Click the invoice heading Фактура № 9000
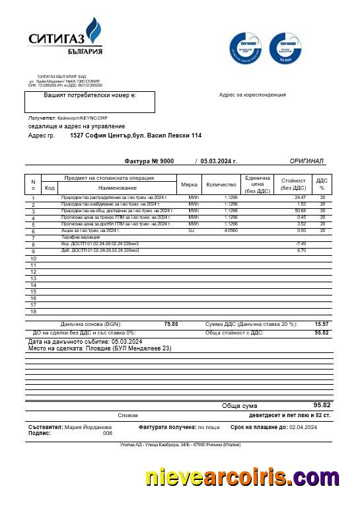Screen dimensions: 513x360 [x=149, y=161]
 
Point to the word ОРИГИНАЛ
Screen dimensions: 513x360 [x=306, y=161]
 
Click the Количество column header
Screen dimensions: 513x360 [x=221, y=184]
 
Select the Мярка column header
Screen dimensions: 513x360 [x=189, y=184]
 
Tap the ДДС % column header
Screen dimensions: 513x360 [x=322, y=184]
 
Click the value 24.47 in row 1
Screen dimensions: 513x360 [x=301, y=198]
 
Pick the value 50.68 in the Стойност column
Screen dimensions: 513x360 [x=301, y=211]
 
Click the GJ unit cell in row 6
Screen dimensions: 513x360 [x=192, y=231]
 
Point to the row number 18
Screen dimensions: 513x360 [x=33, y=311]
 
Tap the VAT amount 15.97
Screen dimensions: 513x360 [x=322, y=324]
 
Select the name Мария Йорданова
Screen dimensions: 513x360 [x=88, y=428]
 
